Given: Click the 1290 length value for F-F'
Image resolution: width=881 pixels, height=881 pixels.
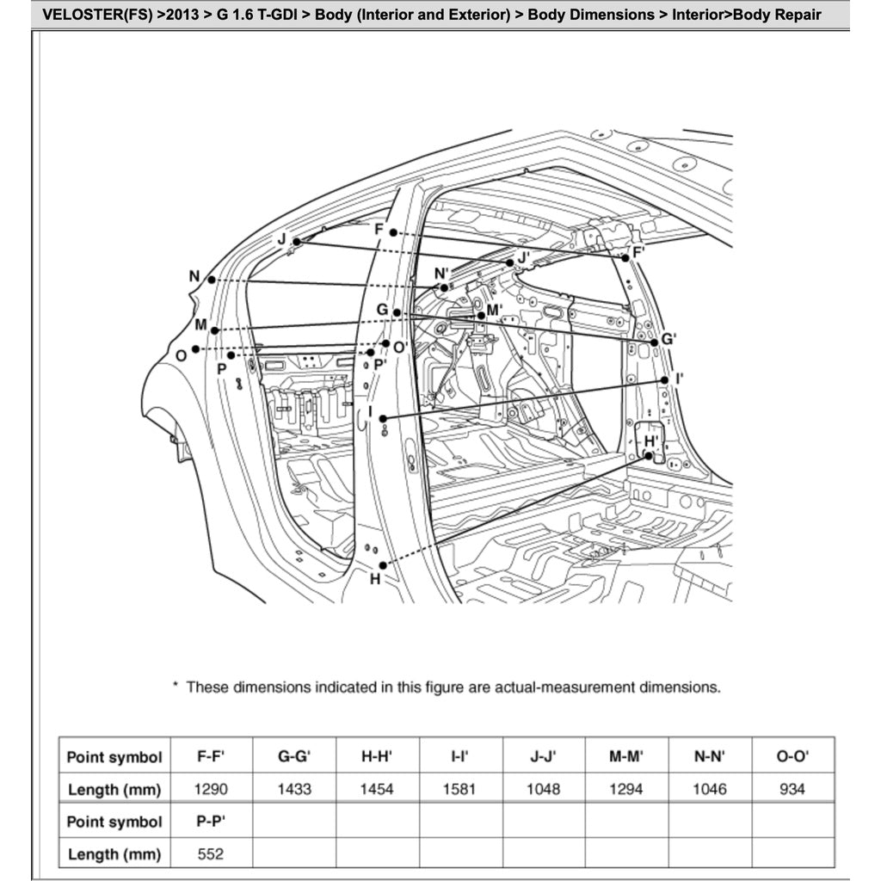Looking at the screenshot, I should (211, 789).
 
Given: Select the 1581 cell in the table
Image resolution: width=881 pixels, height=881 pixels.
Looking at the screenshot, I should (460, 789).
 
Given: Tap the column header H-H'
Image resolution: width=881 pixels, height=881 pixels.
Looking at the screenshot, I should (377, 757).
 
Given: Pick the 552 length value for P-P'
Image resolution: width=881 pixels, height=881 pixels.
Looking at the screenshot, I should (211, 853).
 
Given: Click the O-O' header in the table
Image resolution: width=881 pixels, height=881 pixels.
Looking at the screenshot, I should (792, 757).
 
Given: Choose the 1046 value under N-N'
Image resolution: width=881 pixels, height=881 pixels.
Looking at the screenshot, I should (709, 789).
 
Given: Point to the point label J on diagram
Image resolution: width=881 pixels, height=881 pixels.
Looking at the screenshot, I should (281, 238).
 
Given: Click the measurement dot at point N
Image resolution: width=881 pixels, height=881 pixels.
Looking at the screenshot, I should (211, 280).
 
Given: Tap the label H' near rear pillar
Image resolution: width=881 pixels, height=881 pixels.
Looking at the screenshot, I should (651, 441).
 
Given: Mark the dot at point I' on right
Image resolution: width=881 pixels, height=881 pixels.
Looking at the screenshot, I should (665, 379).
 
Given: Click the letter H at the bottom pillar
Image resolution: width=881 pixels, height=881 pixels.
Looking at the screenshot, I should (375, 580).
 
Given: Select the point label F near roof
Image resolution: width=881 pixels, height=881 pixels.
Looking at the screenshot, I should (379, 229).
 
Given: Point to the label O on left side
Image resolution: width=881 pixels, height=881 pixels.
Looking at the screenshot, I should (181, 355).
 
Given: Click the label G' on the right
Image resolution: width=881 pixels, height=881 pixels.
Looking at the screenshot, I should (668, 340).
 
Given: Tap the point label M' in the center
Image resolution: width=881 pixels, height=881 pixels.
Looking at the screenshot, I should (494, 310).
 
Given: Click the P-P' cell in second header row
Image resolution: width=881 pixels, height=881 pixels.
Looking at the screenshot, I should (211, 822).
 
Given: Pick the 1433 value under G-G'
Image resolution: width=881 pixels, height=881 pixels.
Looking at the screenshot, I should (294, 789).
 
